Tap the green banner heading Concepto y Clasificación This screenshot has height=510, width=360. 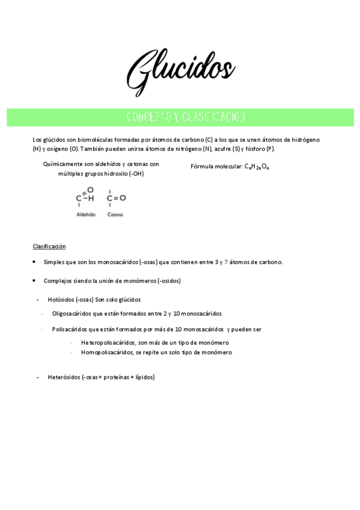(180, 117)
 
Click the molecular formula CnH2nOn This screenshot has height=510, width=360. (256, 167)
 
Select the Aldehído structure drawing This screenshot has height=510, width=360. (85, 197)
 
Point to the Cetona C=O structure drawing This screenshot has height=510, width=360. (116, 197)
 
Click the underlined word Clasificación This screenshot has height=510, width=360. (49, 247)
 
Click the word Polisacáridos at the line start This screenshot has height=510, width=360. (71, 330)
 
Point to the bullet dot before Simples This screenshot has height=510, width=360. (35, 262)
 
